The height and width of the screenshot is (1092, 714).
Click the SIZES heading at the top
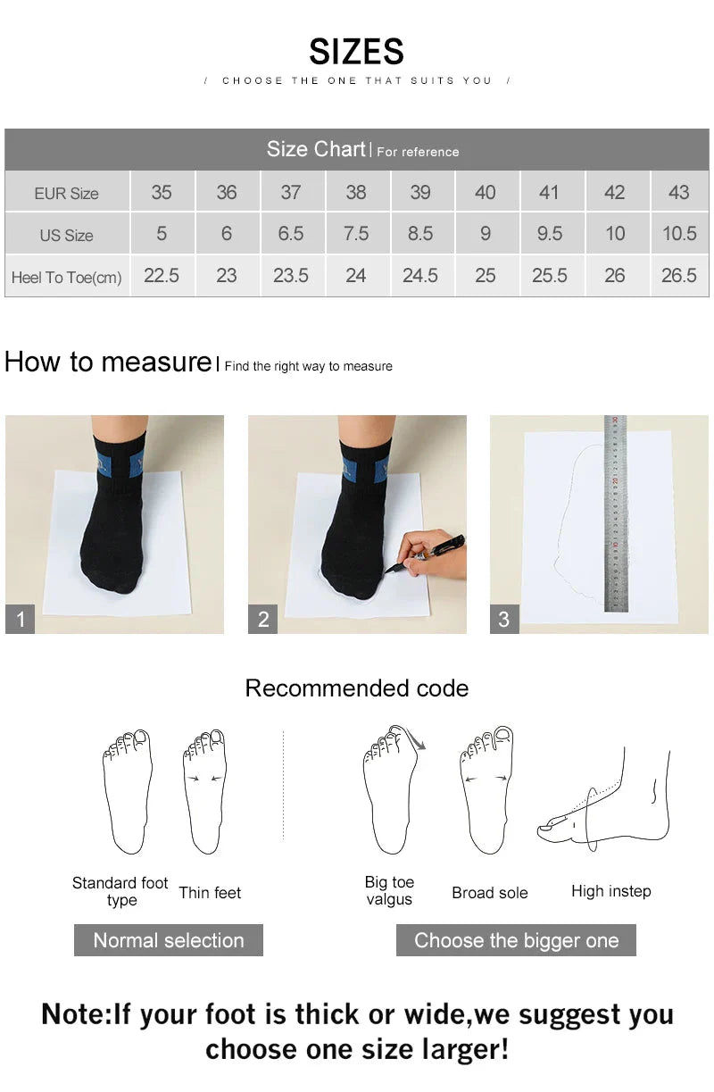coord(356,52)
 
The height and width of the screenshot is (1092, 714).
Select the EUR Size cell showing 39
coord(420,192)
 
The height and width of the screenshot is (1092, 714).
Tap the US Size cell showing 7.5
coord(355,234)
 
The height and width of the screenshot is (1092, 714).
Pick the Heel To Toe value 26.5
coord(678,276)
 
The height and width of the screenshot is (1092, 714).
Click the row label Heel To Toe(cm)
coord(66,278)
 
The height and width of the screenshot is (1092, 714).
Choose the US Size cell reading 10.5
coord(678,234)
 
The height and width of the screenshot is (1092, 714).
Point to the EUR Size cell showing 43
coord(678,192)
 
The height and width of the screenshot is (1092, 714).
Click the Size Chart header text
coord(316,149)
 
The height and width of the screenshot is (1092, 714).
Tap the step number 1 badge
coord(21,619)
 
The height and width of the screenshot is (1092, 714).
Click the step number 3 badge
coord(504,619)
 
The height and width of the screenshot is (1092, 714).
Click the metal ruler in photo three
coord(615,513)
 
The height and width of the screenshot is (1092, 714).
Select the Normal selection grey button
coord(169,940)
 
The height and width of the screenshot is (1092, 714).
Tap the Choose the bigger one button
coord(516,940)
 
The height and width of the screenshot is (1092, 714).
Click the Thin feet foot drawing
coord(204,790)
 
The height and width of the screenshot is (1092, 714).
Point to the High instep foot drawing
coord(607,804)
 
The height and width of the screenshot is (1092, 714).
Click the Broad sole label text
coord(489,893)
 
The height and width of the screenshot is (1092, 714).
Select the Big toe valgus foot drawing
coord(390,790)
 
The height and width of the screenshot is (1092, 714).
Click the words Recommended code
coord(356,688)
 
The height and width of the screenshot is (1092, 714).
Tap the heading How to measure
coord(107,362)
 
